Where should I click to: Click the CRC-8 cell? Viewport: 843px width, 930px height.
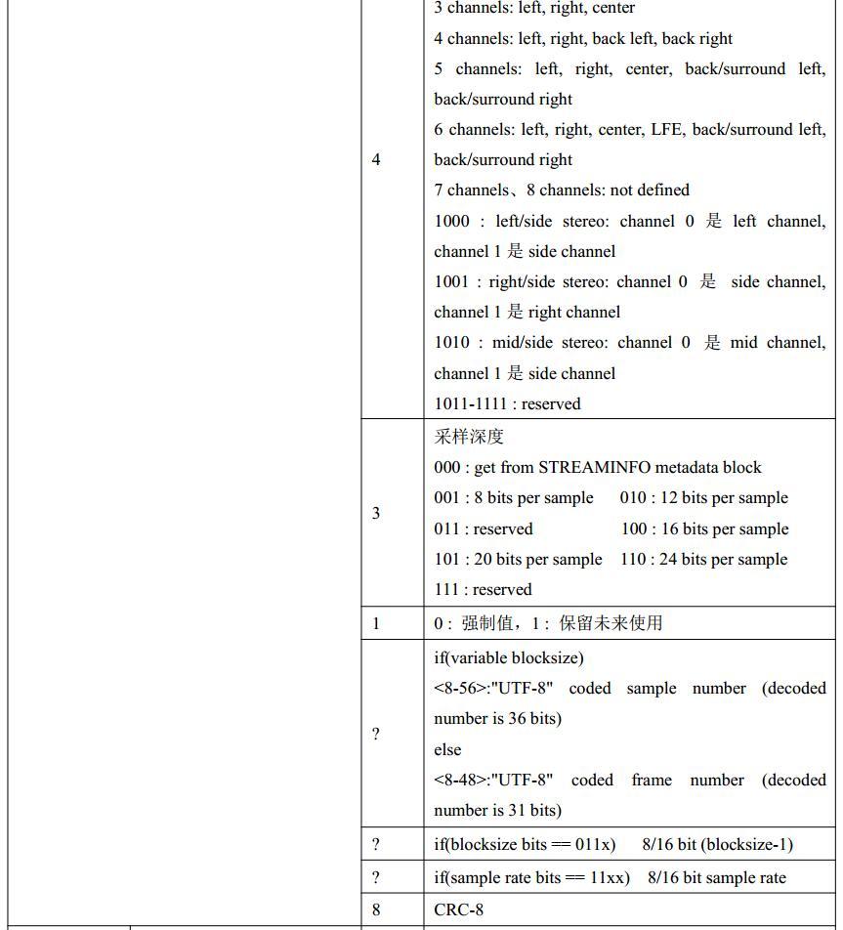click(x=459, y=909)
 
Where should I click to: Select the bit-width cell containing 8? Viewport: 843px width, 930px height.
click(x=376, y=909)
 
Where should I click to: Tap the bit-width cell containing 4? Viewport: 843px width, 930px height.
click(x=376, y=159)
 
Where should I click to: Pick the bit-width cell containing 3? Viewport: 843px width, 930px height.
click(x=376, y=513)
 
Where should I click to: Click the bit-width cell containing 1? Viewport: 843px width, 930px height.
click(x=376, y=622)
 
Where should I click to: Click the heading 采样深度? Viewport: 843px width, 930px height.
click(x=469, y=436)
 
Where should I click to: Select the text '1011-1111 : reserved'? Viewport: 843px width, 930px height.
click(x=507, y=403)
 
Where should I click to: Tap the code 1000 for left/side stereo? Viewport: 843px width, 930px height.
click(x=452, y=221)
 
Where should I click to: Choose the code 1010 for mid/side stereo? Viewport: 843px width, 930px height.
click(x=452, y=342)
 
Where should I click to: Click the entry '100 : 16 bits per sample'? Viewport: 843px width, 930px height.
click(x=703, y=528)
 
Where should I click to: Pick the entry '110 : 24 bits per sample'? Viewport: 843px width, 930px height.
click(x=703, y=559)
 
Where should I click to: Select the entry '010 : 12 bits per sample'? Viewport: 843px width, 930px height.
click(x=703, y=497)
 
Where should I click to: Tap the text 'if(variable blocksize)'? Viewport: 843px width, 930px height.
click(x=509, y=657)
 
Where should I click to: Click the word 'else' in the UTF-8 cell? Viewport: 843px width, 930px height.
click(x=447, y=749)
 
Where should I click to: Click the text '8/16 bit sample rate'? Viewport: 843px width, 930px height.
click(x=716, y=877)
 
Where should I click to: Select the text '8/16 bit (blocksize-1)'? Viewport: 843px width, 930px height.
click(x=717, y=844)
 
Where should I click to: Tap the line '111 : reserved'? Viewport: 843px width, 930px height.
click(x=483, y=589)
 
